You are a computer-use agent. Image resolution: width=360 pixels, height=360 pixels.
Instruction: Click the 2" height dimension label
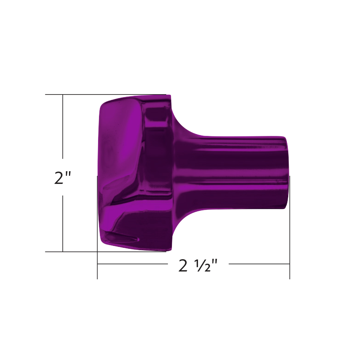point(62,178)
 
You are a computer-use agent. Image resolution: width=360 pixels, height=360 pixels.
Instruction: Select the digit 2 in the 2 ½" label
point(183,266)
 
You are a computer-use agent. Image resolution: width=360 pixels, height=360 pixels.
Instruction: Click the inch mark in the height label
point(68,174)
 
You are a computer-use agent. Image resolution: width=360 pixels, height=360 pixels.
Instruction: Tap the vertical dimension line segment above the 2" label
point(63,126)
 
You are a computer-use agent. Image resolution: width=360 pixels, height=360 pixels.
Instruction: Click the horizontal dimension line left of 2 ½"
point(132,264)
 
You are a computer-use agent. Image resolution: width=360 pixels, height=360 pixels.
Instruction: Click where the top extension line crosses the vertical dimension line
point(63,95)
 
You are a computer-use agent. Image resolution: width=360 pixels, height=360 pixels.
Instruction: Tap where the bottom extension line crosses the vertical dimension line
point(63,252)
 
